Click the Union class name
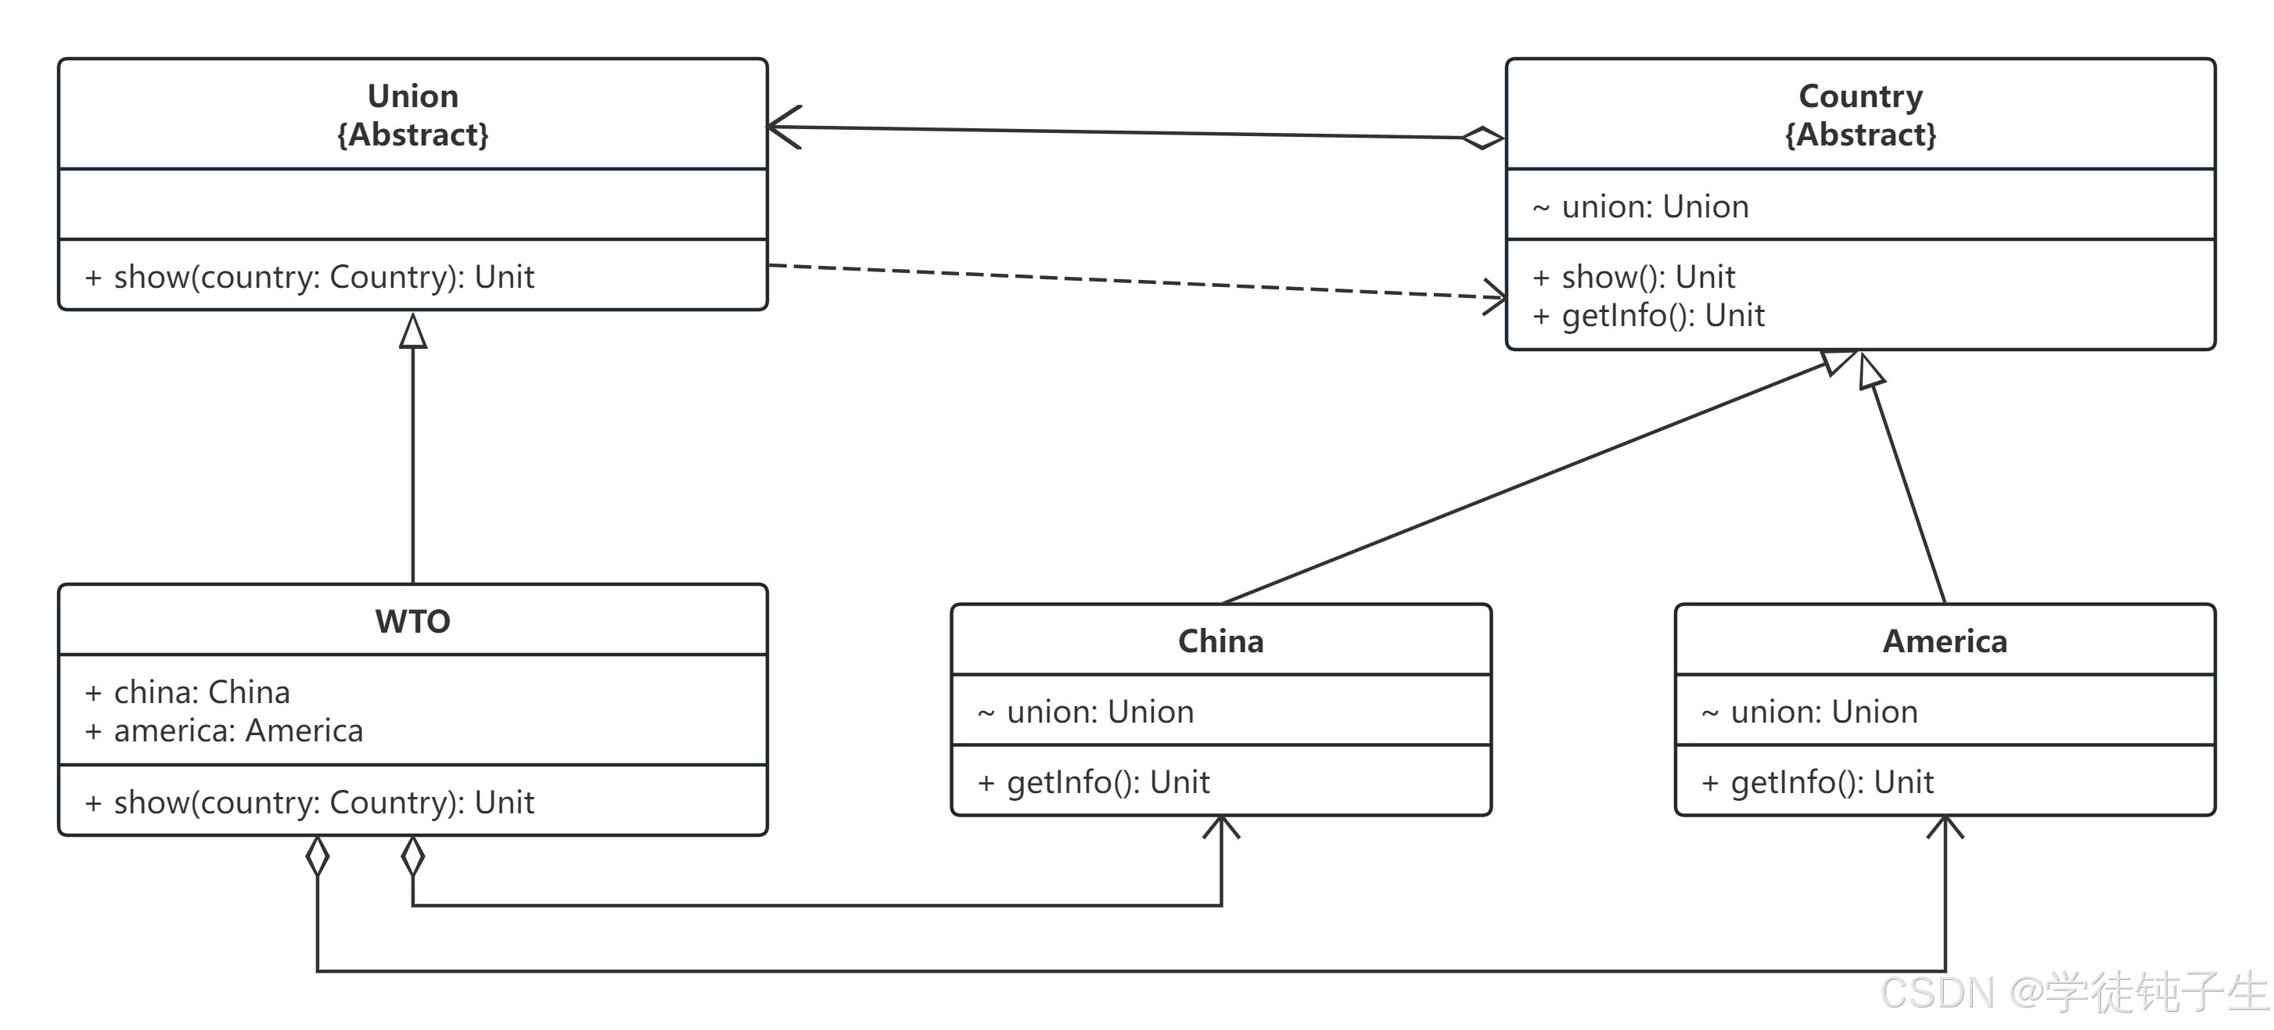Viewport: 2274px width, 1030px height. [413, 96]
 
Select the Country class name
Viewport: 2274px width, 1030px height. [1861, 96]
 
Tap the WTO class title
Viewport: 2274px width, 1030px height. [413, 621]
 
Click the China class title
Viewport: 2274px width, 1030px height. [1221, 641]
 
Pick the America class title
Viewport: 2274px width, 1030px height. [1945, 641]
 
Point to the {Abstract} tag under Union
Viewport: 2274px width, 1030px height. [413, 135]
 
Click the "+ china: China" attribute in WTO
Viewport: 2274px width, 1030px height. [187, 692]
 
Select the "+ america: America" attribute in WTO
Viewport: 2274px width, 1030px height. [225, 730]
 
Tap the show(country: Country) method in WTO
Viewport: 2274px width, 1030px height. [310, 802]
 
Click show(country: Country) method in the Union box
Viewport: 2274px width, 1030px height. [310, 277]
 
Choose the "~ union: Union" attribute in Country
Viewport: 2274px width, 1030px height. [1640, 206]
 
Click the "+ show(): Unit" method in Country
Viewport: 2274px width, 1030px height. [1634, 277]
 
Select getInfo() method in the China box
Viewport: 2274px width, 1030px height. [1094, 782]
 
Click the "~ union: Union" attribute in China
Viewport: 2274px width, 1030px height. [1086, 712]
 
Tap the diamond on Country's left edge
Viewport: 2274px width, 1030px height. [1482, 138]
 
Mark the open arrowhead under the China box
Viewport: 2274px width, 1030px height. [1221, 827]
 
